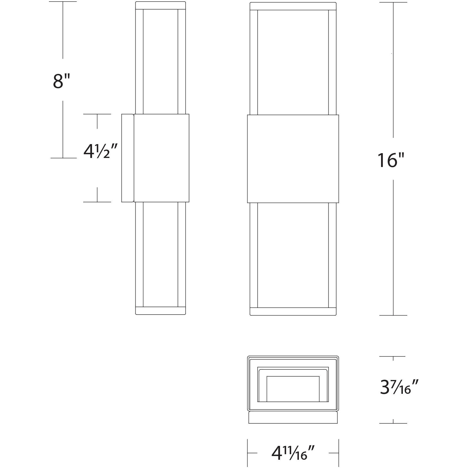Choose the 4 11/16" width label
(293, 453)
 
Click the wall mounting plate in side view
(128, 158)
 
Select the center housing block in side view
(161, 158)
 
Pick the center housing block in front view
(293, 159)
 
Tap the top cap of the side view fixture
(161, 6)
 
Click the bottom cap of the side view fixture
(161, 311)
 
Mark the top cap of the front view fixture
(293, 6)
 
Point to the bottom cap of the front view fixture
(293, 311)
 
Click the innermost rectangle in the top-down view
(293, 389)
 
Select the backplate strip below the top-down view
(293, 417)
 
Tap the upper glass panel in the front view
(293, 62)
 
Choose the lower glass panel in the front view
(293, 255)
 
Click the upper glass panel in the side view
(161, 62)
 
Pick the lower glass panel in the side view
(161, 254)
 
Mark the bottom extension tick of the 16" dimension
(393, 315)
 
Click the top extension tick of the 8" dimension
(63, 2)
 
